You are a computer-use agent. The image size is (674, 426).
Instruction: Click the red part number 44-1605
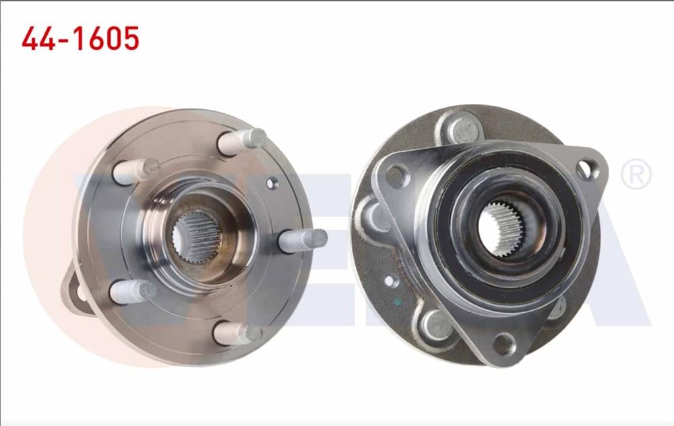click(x=80, y=38)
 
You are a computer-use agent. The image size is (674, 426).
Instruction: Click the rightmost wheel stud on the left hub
click(x=303, y=240)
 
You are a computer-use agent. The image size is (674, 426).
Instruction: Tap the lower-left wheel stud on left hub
click(x=133, y=292)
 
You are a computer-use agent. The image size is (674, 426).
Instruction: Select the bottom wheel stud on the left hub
click(x=238, y=333)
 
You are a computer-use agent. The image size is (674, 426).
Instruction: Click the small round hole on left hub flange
click(x=272, y=182)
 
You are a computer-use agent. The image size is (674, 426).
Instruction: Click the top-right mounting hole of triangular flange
click(x=587, y=169)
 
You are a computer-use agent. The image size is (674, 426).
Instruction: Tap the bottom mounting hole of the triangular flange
click(x=504, y=344)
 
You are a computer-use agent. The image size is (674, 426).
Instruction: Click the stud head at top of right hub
click(x=462, y=130)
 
